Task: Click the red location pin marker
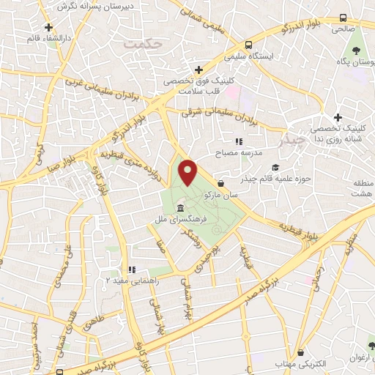188,174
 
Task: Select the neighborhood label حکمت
142,45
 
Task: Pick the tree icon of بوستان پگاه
357,51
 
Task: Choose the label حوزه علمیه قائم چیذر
286,178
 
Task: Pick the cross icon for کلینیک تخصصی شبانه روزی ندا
338,118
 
